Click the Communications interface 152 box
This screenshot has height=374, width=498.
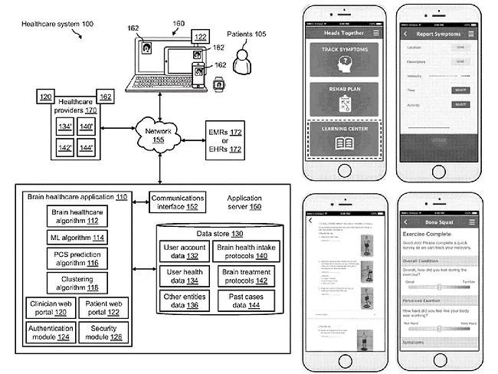pyautogui.click(x=177, y=201)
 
